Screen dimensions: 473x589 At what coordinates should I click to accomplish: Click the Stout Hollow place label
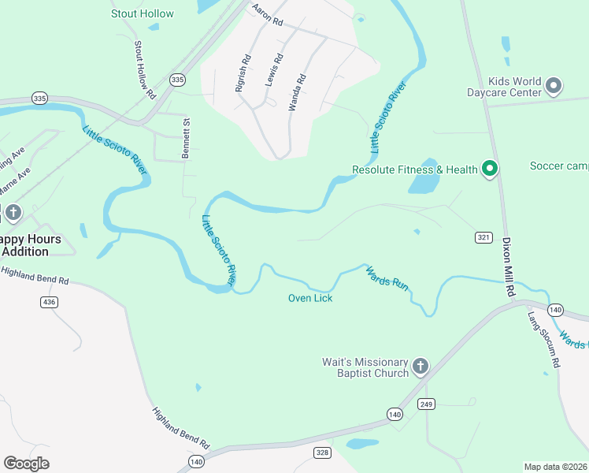[143, 13]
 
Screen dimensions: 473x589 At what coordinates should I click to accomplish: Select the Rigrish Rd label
[243, 73]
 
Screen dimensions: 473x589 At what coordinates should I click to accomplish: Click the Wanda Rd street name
[297, 91]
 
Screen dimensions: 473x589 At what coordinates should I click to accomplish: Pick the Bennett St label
[187, 139]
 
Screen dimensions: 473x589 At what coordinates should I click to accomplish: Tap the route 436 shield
[49, 302]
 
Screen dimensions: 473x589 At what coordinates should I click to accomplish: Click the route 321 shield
[483, 237]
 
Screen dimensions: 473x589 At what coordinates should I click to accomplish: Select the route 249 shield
[426, 404]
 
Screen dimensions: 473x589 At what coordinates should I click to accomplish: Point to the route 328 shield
[322, 453]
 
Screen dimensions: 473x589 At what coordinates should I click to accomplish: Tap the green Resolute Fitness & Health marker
[490, 169]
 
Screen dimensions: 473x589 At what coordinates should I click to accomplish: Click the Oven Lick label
[310, 298]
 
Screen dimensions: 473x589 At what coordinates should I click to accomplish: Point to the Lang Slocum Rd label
[543, 340]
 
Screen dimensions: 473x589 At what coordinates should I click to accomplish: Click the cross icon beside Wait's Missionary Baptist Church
[420, 366]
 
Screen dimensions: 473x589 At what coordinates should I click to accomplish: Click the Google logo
[26, 464]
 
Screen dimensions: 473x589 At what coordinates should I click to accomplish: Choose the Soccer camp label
[559, 166]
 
